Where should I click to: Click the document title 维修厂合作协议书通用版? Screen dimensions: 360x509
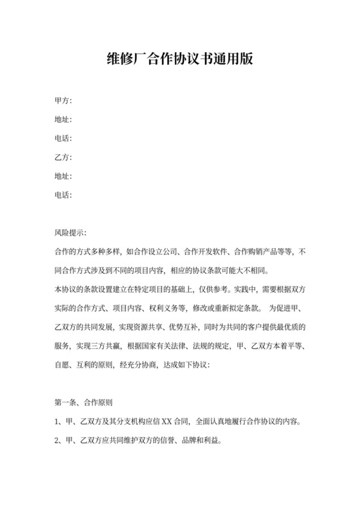pos(179,60)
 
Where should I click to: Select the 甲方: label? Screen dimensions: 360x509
pos(63,101)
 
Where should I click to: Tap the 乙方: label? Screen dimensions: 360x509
pos(63,157)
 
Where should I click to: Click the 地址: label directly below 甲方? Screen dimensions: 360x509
pos(63,120)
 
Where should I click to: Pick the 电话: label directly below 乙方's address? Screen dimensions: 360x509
pos(63,195)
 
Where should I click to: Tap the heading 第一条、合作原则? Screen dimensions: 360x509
pos(84,404)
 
